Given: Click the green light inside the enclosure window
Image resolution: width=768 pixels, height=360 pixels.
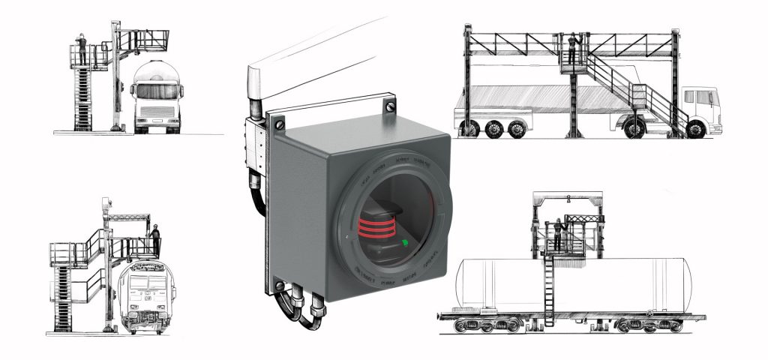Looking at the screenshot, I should [406, 242].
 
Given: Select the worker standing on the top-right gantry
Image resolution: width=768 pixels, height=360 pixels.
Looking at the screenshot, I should [574, 49].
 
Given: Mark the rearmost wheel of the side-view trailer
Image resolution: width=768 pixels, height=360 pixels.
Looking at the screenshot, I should [469, 129].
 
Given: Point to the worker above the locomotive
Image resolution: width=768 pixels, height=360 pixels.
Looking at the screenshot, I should [155, 238].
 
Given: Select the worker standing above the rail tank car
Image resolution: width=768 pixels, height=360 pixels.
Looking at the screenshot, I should [558, 233].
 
